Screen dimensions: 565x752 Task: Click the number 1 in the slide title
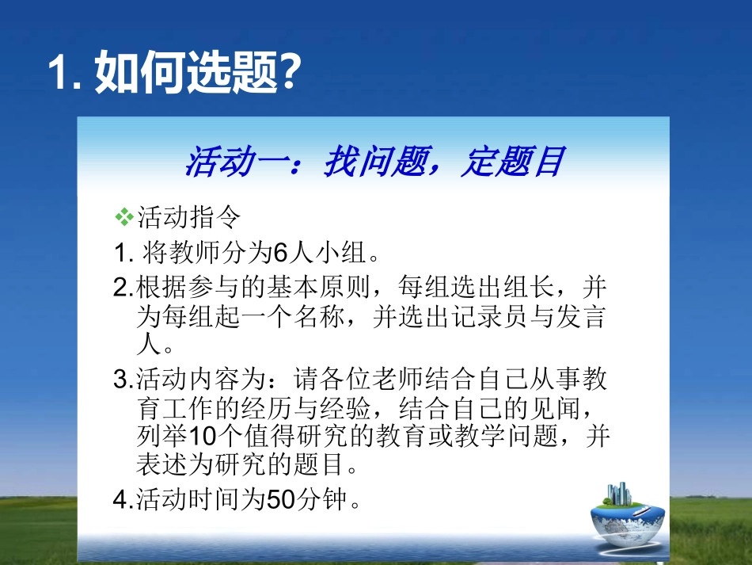(x=59, y=74)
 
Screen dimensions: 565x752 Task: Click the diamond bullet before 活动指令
(x=123, y=215)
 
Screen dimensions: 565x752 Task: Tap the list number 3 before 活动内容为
(x=120, y=380)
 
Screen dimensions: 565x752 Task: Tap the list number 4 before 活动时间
(x=120, y=500)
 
